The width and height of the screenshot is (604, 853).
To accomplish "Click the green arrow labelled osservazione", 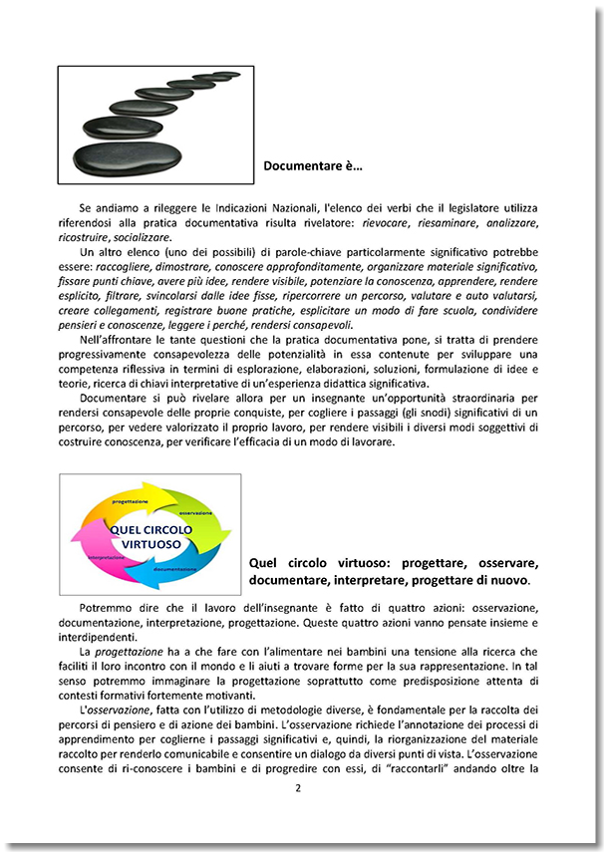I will tap(203, 516).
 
